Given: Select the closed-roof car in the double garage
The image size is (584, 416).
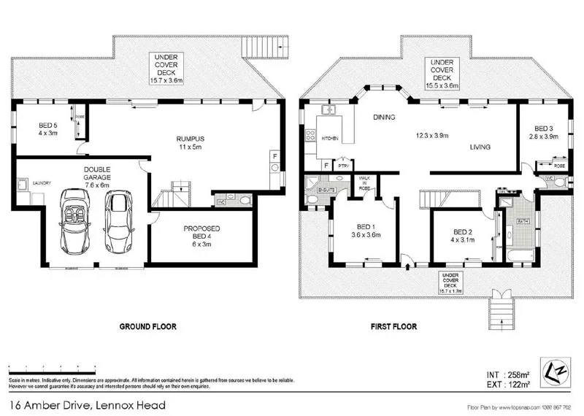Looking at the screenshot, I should (x=119, y=221).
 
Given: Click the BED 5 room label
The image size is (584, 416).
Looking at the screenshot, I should (x=48, y=129).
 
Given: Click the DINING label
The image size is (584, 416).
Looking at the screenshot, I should (x=384, y=117).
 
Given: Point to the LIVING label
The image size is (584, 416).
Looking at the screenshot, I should (x=480, y=147).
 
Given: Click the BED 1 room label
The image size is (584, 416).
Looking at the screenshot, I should (x=366, y=230).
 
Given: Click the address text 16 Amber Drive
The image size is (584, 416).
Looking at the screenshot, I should (x=87, y=405).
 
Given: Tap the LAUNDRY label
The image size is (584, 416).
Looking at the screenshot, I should (x=40, y=183).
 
